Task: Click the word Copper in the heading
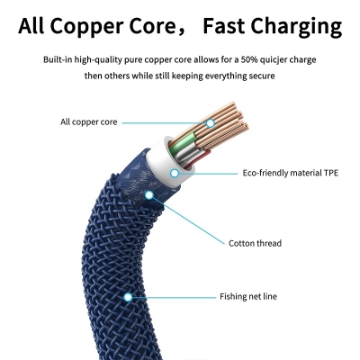[x=90, y=26]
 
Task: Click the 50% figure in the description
[x=249, y=59]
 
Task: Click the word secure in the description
[x=262, y=76]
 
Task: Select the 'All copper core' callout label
[x=89, y=122]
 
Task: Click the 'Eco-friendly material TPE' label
[x=291, y=173]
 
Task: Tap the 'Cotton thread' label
[x=255, y=243]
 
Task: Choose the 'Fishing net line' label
[x=248, y=297]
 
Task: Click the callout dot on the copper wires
[x=211, y=122]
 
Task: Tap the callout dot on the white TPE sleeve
[x=175, y=173]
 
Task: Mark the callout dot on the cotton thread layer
[x=149, y=195]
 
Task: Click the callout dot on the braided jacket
[x=128, y=297]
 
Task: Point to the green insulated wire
[x=182, y=141]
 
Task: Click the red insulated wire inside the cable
[x=196, y=159]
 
